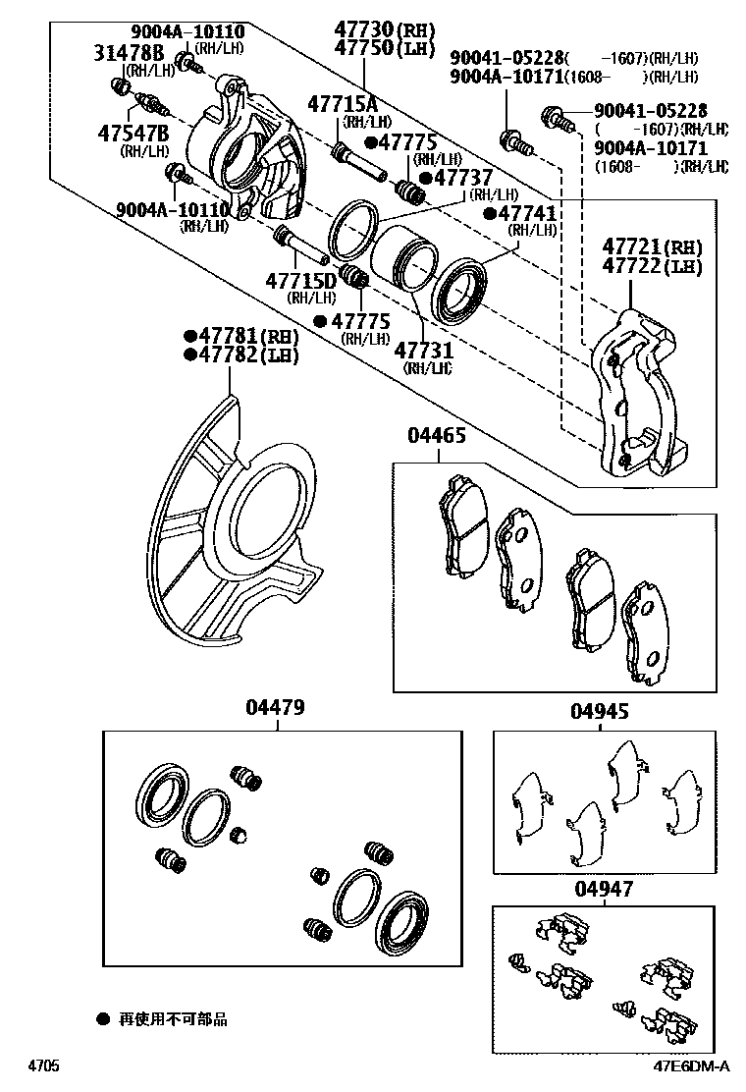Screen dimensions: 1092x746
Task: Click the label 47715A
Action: coord(342,104)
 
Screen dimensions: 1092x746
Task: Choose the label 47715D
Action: coord(301,281)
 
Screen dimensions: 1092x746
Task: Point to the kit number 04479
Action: coord(275,707)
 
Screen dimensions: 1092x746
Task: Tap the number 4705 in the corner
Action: coord(43,1066)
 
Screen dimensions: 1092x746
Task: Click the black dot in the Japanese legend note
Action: coord(102,1019)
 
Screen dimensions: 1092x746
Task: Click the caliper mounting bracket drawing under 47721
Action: coord(638,393)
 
